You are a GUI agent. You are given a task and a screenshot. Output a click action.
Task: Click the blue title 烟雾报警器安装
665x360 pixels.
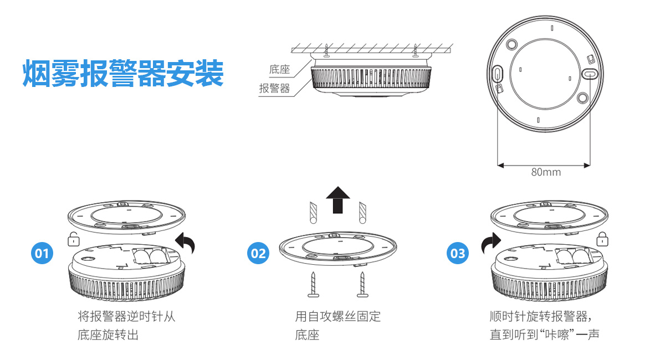123,73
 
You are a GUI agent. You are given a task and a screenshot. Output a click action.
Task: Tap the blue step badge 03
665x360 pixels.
458,254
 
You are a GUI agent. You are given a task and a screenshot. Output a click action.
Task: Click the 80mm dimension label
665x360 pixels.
545,172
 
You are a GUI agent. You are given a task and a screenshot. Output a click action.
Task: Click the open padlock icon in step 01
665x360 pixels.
73,240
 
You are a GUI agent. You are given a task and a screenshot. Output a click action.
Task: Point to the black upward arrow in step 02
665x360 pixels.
337,199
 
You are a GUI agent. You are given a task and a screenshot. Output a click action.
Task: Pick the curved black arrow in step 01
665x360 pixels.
186,243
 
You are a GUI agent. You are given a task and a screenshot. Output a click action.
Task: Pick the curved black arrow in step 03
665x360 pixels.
491,243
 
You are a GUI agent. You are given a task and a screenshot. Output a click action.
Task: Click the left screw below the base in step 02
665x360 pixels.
313,284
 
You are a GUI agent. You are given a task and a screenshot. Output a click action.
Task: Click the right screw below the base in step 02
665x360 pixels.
362,284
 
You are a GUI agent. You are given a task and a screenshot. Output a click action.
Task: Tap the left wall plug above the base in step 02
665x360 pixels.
313,212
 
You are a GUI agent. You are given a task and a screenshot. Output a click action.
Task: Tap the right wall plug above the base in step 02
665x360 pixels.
362,212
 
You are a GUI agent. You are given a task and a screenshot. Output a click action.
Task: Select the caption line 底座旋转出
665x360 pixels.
108,335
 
